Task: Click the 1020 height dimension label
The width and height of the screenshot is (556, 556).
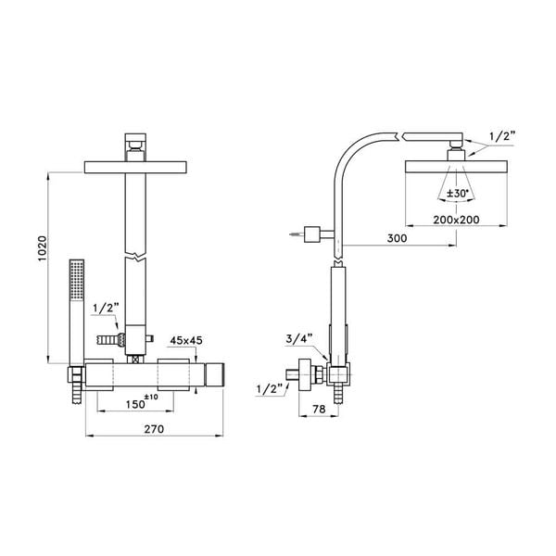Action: pos(43,248)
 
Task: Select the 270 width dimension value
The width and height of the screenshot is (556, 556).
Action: pos(154,429)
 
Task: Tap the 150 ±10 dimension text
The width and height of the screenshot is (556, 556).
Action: pos(142,402)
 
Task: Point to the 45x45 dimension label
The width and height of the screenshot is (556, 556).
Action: pos(186,340)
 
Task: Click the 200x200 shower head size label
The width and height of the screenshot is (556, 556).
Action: pos(456,220)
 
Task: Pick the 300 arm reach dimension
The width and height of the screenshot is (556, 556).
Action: pos(397,238)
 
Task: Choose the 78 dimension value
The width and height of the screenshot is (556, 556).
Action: pos(319,409)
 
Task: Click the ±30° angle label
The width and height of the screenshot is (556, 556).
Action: pos(458,194)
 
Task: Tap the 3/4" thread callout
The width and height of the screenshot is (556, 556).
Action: pos(299,339)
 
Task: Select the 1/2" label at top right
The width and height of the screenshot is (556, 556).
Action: pos(502,136)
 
